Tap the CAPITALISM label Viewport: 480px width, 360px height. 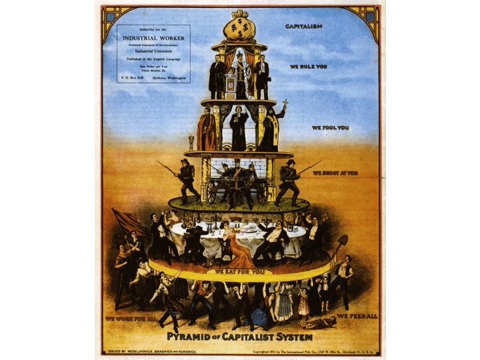[304, 27]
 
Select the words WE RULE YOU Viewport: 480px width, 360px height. [307, 67]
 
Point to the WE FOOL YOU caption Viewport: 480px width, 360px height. [330, 127]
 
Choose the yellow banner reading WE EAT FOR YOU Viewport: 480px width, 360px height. [238, 271]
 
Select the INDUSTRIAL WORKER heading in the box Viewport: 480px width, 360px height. [153, 38]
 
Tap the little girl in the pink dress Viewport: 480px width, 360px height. [304, 303]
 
